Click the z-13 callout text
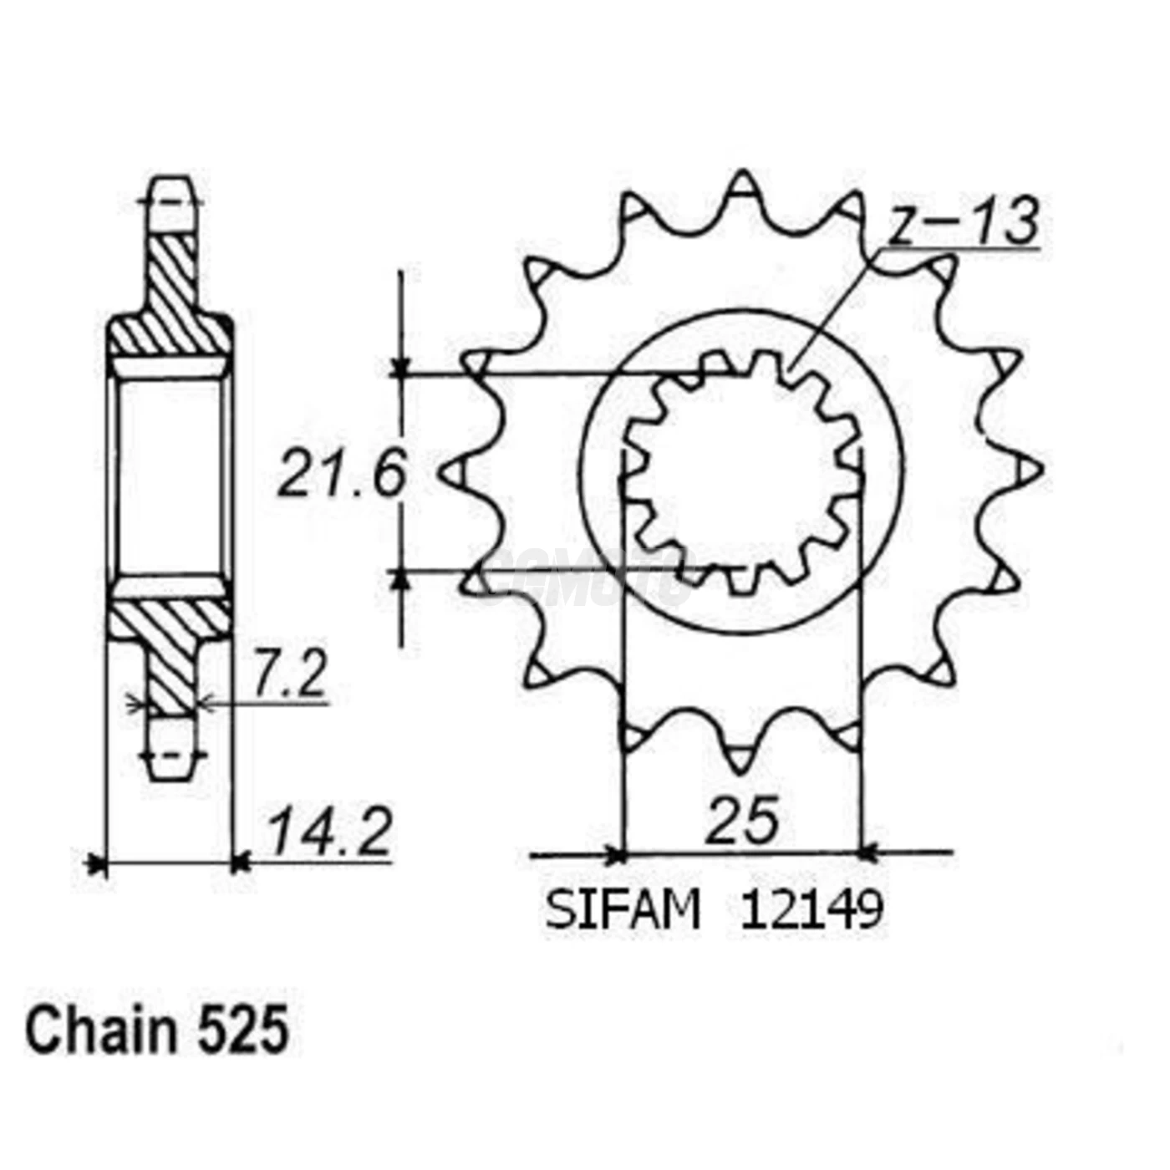coord(963,222)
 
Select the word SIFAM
coord(623,910)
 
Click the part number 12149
coord(811,910)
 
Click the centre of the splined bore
coord(742,472)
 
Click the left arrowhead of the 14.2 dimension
coord(97,862)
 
